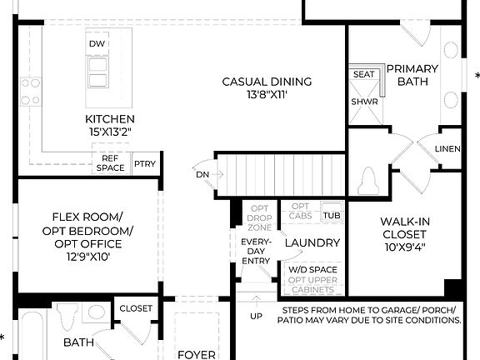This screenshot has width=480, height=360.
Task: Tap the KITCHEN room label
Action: click(110, 118)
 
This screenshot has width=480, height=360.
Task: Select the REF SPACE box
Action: click(110, 163)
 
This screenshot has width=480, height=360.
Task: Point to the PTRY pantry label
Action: click(145, 164)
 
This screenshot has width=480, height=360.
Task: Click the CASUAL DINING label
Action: click(267, 82)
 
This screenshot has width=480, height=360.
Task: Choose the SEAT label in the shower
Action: click(363, 74)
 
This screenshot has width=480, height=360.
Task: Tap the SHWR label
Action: click(363, 102)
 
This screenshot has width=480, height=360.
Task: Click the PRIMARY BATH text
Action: click(407, 75)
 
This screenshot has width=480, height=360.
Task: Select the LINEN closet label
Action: click(448, 149)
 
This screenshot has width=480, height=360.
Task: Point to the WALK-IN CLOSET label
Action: click(405, 228)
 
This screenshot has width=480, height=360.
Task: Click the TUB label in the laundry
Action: click(332, 215)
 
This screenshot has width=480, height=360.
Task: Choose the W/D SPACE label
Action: click(313, 270)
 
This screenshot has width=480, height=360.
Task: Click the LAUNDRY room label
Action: click(312, 242)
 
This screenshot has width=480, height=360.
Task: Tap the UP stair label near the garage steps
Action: click(256, 317)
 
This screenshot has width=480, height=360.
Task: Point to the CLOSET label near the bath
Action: click(136, 308)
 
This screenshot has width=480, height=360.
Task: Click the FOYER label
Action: click(197, 354)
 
